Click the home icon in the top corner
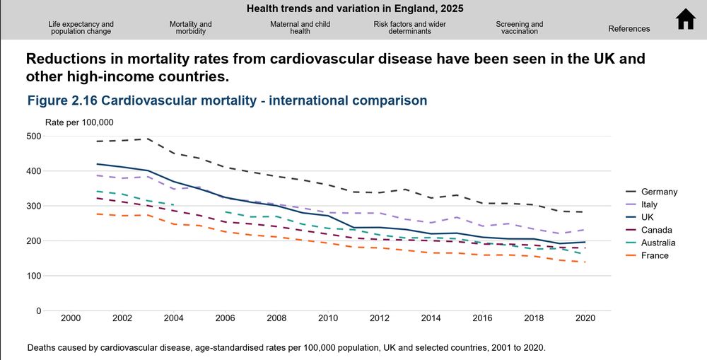(686, 20)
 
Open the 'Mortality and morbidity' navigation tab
(191, 28)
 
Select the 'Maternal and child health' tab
(300, 28)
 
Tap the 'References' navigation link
(629, 29)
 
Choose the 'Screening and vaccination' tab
(520, 28)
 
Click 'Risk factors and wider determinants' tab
(410, 28)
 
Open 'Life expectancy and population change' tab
(81, 28)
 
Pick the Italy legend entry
(649, 204)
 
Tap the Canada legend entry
(655, 230)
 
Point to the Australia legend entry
(658, 243)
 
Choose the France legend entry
(655, 255)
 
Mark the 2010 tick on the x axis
(328, 319)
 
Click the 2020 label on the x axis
(585, 319)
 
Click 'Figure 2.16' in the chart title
(62, 100)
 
